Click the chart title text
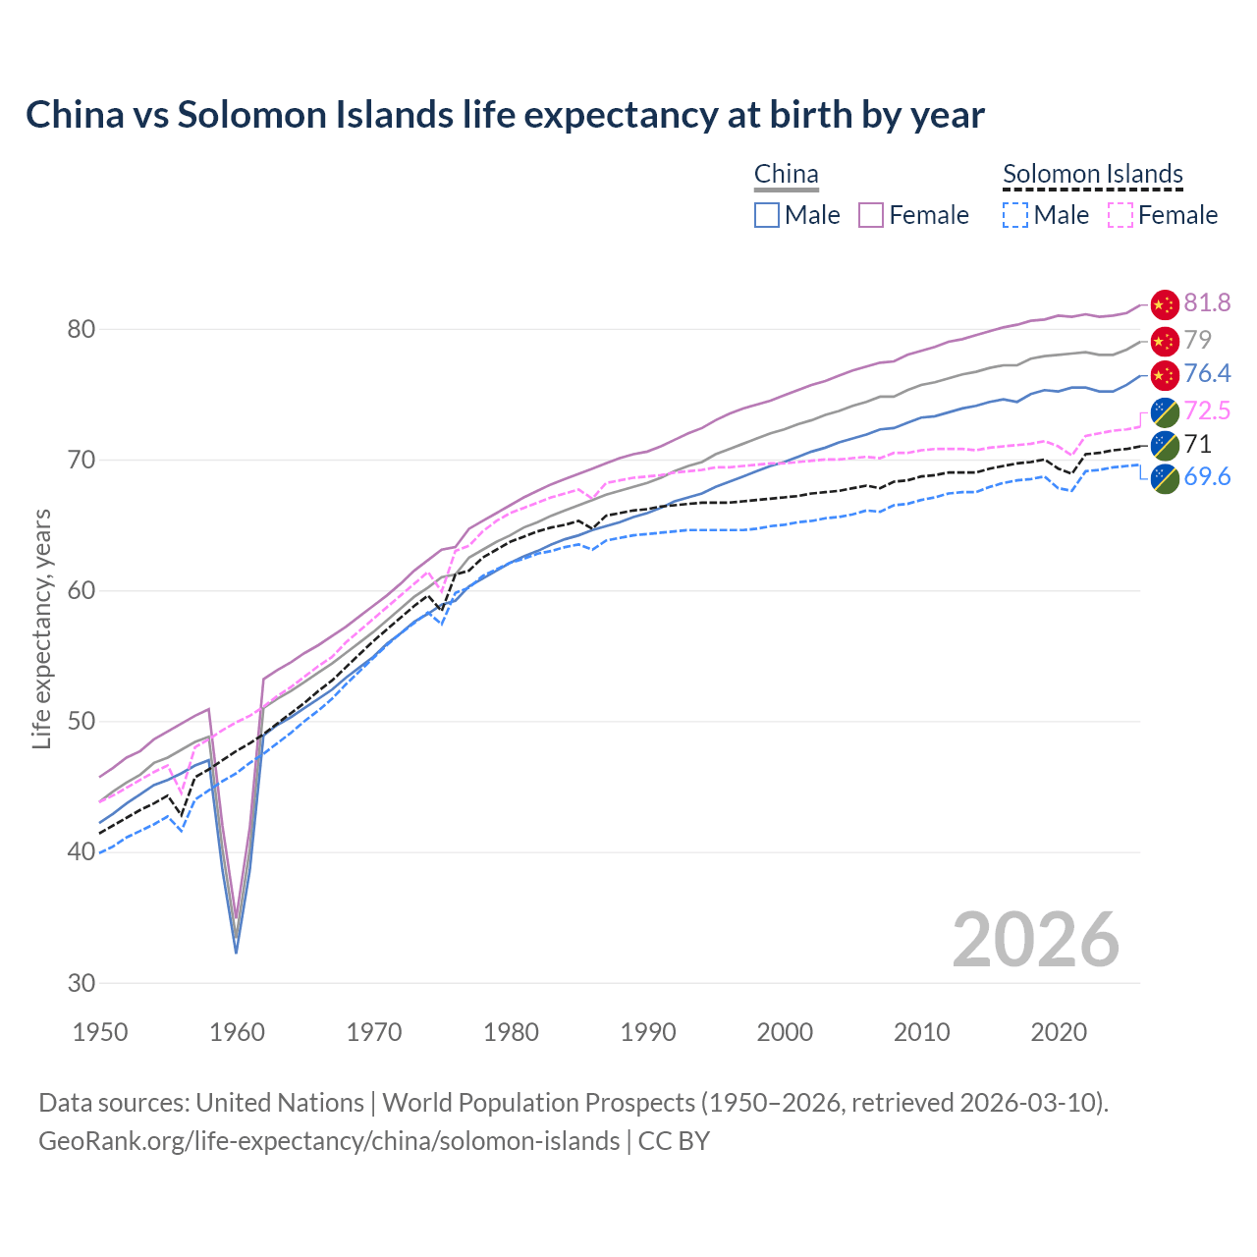(x=505, y=115)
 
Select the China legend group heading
(x=786, y=174)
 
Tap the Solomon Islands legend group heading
(x=1092, y=174)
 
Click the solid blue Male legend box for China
(x=767, y=215)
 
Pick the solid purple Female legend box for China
(x=871, y=215)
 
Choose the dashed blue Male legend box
(x=1015, y=215)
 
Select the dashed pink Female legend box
(x=1120, y=215)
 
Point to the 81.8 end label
(x=1207, y=303)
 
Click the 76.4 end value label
(x=1207, y=374)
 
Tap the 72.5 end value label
(x=1207, y=410)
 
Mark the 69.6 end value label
(x=1207, y=477)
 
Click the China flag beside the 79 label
(x=1165, y=341)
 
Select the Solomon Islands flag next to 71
(x=1165, y=445)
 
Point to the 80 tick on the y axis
(x=82, y=329)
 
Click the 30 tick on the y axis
(x=82, y=983)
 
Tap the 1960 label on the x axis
(x=238, y=1032)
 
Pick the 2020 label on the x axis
(x=1059, y=1032)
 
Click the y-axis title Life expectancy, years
(x=41, y=628)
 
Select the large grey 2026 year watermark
(x=1036, y=940)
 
